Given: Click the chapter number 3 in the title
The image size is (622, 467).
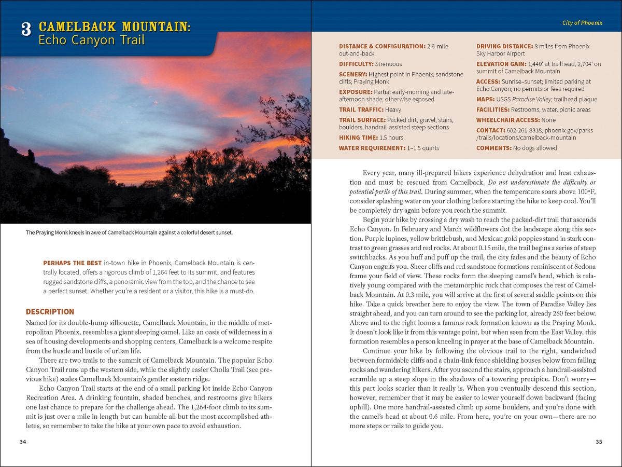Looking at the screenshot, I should click(x=26, y=30).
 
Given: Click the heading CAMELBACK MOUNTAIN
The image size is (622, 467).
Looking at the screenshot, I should click(x=115, y=26).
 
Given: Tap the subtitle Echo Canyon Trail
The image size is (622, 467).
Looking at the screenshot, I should click(x=91, y=40).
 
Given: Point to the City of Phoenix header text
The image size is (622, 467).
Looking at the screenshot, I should click(x=582, y=23).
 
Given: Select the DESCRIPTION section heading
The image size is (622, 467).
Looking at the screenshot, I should click(x=50, y=312).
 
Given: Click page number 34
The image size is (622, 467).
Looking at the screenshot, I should click(x=22, y=442).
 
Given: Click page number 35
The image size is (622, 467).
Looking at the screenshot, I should click(x=599, y=442).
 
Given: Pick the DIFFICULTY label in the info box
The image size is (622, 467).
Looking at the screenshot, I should click(x=356, y=64).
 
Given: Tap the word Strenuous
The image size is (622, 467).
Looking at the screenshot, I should click(x=388, y=64).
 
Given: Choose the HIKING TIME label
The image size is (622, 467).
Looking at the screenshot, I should click(x=358, y=138).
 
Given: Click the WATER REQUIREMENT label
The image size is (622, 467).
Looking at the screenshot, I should click(x=372, y=148).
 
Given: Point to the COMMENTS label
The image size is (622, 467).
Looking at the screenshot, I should click(x=494, y=148).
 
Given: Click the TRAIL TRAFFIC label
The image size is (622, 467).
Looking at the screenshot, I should click(x=362, y=109).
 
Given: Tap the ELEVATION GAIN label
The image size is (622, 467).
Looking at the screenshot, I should click(x=501, y=64).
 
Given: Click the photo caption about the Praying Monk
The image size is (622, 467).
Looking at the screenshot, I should click(x=129, y=232).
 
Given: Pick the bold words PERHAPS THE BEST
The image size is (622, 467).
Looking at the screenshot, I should click(x=72, y=263).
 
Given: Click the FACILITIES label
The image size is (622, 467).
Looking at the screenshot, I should click(x=492, y=109).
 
